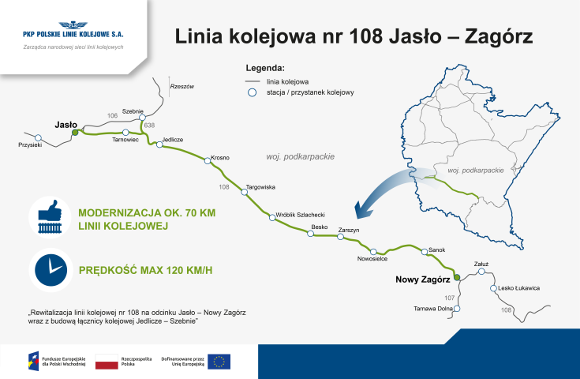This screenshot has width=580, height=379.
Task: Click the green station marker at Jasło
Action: [75, 133]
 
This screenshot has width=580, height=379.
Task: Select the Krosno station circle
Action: [208, 161]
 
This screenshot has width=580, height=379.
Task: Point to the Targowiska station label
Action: [260, 187]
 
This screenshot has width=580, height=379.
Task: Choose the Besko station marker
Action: [310, 234]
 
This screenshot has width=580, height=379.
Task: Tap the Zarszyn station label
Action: [349, 230]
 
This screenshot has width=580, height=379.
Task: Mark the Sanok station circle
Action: [425, 253]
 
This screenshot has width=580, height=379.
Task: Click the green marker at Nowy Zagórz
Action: [455, 278]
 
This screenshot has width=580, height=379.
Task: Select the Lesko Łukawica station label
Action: [519, 288]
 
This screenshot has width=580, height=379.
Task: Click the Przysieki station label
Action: [29, 145]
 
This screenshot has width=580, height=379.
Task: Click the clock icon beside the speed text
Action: [50, 269]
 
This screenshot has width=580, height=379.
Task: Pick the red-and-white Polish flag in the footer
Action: [107, 362]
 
